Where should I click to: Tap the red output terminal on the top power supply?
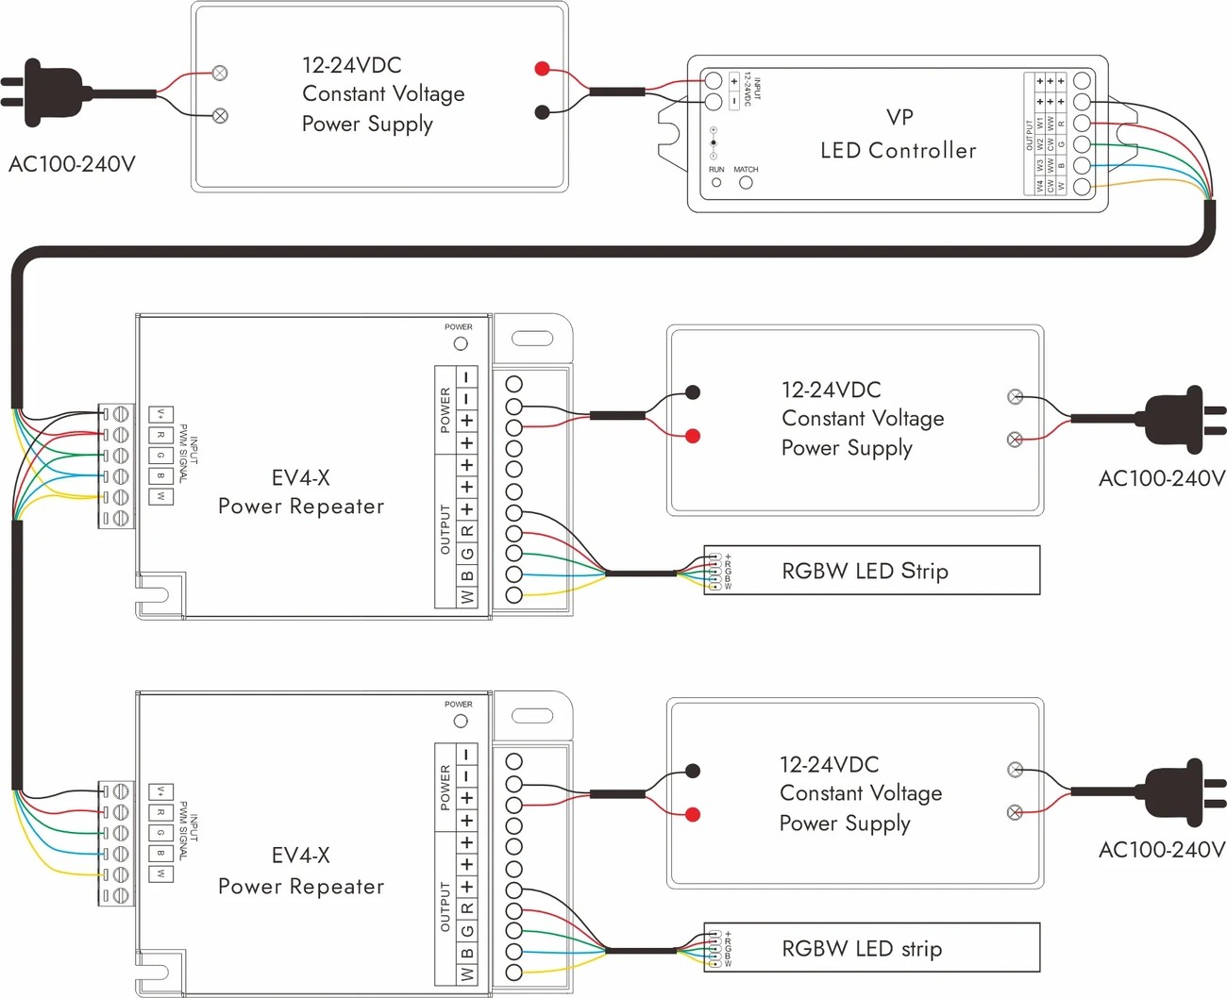(x=542, y=68)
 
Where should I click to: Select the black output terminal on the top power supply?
(x=542, y=112)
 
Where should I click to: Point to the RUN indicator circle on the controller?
(x=716, y=183)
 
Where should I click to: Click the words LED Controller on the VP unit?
(x=898, y=150)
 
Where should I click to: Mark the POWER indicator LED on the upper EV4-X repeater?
(x=461, y=343)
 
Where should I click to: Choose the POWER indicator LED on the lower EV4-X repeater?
(x=461, y=721)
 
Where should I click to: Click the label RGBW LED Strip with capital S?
(x=865, y=571)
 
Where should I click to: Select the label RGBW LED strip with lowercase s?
(x=862, y=948)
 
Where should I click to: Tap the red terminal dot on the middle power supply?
(x=693, y=436)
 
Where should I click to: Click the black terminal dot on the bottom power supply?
(x=693, y=771)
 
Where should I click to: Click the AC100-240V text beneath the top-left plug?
(x=72, y=164)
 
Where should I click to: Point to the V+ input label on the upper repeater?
(x=161, y=414)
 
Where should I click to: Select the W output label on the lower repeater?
(x=467, y=973)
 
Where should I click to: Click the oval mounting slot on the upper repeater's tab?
(x=532, y=338)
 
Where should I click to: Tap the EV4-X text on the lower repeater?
(x=300, y=855)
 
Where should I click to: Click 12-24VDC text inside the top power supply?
(x=351, y=65)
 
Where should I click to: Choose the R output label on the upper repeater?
(x=467, y=531)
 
